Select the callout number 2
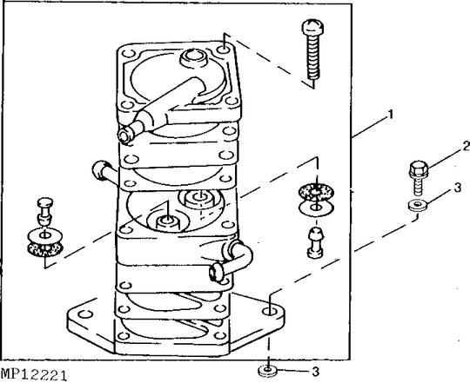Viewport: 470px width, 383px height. pyautogui.click(x=441, y=145)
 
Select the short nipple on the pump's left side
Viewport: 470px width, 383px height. pyautogui.click(x=100, y=171)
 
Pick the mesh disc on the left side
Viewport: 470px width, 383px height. pyautogui.click(x=42, y=249)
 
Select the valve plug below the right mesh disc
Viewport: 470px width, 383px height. pyautogui.click(x=314, y=242)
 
